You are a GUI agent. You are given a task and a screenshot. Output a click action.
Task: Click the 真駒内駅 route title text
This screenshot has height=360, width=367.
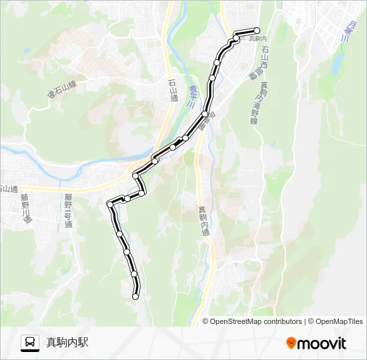point(67,343)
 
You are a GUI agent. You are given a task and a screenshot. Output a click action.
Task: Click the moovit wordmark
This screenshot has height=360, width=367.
point(322,343)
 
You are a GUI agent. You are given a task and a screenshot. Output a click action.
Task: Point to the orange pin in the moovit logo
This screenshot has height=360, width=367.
point(291,343)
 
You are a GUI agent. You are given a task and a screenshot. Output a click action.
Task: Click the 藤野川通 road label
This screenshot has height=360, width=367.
point(25,207)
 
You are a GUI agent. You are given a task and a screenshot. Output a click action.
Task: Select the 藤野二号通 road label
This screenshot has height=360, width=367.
point(68,210)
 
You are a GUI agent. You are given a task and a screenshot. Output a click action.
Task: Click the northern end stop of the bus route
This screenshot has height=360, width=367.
point(257,30)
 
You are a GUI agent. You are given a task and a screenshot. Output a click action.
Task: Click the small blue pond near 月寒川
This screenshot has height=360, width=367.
point(337,63)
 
